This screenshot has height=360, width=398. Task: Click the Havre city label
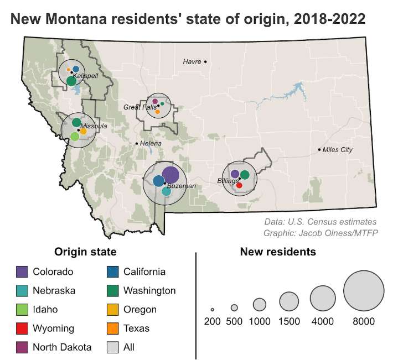192,61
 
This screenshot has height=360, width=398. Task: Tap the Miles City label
337,150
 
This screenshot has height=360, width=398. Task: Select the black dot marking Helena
137,144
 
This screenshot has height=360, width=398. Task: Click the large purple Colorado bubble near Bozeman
170,175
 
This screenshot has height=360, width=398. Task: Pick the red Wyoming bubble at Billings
239,185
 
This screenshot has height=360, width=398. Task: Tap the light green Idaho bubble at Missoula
75,136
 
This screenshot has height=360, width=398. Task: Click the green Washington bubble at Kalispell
71,81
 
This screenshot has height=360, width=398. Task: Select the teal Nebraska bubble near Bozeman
167,192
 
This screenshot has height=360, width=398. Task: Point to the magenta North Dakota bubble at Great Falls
155,101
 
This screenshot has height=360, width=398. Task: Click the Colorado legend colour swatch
21,272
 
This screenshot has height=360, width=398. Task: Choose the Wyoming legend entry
53,328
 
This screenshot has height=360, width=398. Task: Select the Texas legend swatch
112,328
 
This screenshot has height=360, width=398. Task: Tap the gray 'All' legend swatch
112,347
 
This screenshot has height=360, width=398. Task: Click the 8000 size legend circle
364,290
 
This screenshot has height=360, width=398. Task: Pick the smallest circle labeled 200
212,309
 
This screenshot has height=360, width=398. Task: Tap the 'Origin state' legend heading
85,252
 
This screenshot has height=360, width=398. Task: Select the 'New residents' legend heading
278,252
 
